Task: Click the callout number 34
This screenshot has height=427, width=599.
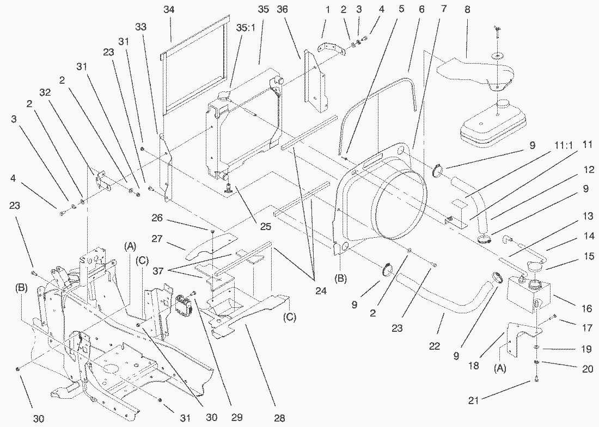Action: [x=172, y=9]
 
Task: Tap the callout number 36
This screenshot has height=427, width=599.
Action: [x=282, y=9]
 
